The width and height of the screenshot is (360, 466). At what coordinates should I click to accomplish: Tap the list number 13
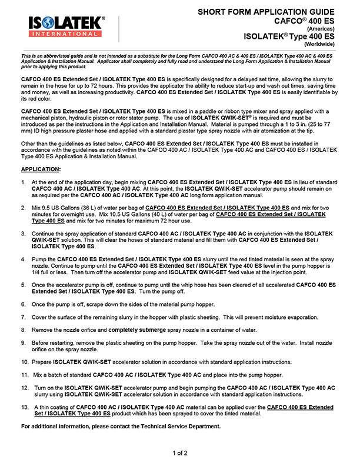coord(25,407)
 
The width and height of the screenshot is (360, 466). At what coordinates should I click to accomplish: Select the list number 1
coord(24,183)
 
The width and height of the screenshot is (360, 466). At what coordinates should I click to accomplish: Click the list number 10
coord(25,361)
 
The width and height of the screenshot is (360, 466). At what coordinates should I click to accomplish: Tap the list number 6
coord(24,304)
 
